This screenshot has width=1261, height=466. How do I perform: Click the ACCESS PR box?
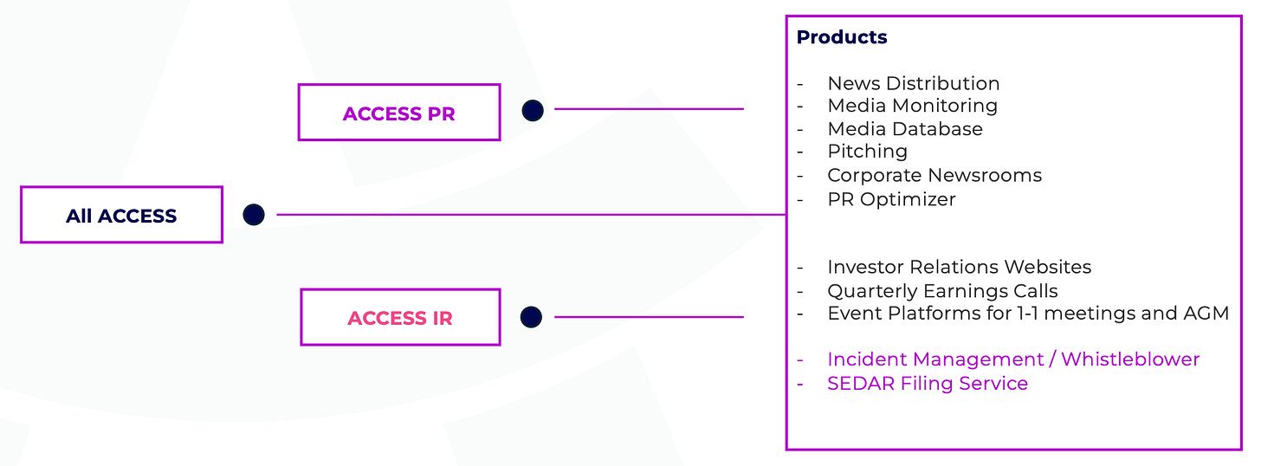[399, 113]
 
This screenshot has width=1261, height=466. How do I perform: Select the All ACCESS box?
[121, 215]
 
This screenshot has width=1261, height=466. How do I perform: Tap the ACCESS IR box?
[400, 317]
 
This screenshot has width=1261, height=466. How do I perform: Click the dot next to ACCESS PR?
[533, 110]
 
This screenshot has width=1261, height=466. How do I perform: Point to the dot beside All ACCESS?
[254, 214]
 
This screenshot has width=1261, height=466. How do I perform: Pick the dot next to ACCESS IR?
[532, 317]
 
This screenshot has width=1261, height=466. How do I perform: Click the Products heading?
[842, 37]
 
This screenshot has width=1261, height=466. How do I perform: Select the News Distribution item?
[913, 83]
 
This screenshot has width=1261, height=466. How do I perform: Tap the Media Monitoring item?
[912, 106]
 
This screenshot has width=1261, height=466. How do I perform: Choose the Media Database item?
[904, 129]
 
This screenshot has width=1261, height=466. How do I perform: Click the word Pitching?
[867, 152]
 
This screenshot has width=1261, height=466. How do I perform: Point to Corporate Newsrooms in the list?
[934, 175]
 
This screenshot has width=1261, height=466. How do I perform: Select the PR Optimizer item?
[891, 198]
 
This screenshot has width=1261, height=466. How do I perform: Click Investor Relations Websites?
[959, 267]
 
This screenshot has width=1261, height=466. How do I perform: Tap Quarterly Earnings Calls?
[942, 290]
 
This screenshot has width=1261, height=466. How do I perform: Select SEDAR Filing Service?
[927, 383]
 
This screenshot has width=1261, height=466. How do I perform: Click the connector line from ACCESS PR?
[649, 109]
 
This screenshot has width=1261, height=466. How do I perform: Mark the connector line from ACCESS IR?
[649, 317]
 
